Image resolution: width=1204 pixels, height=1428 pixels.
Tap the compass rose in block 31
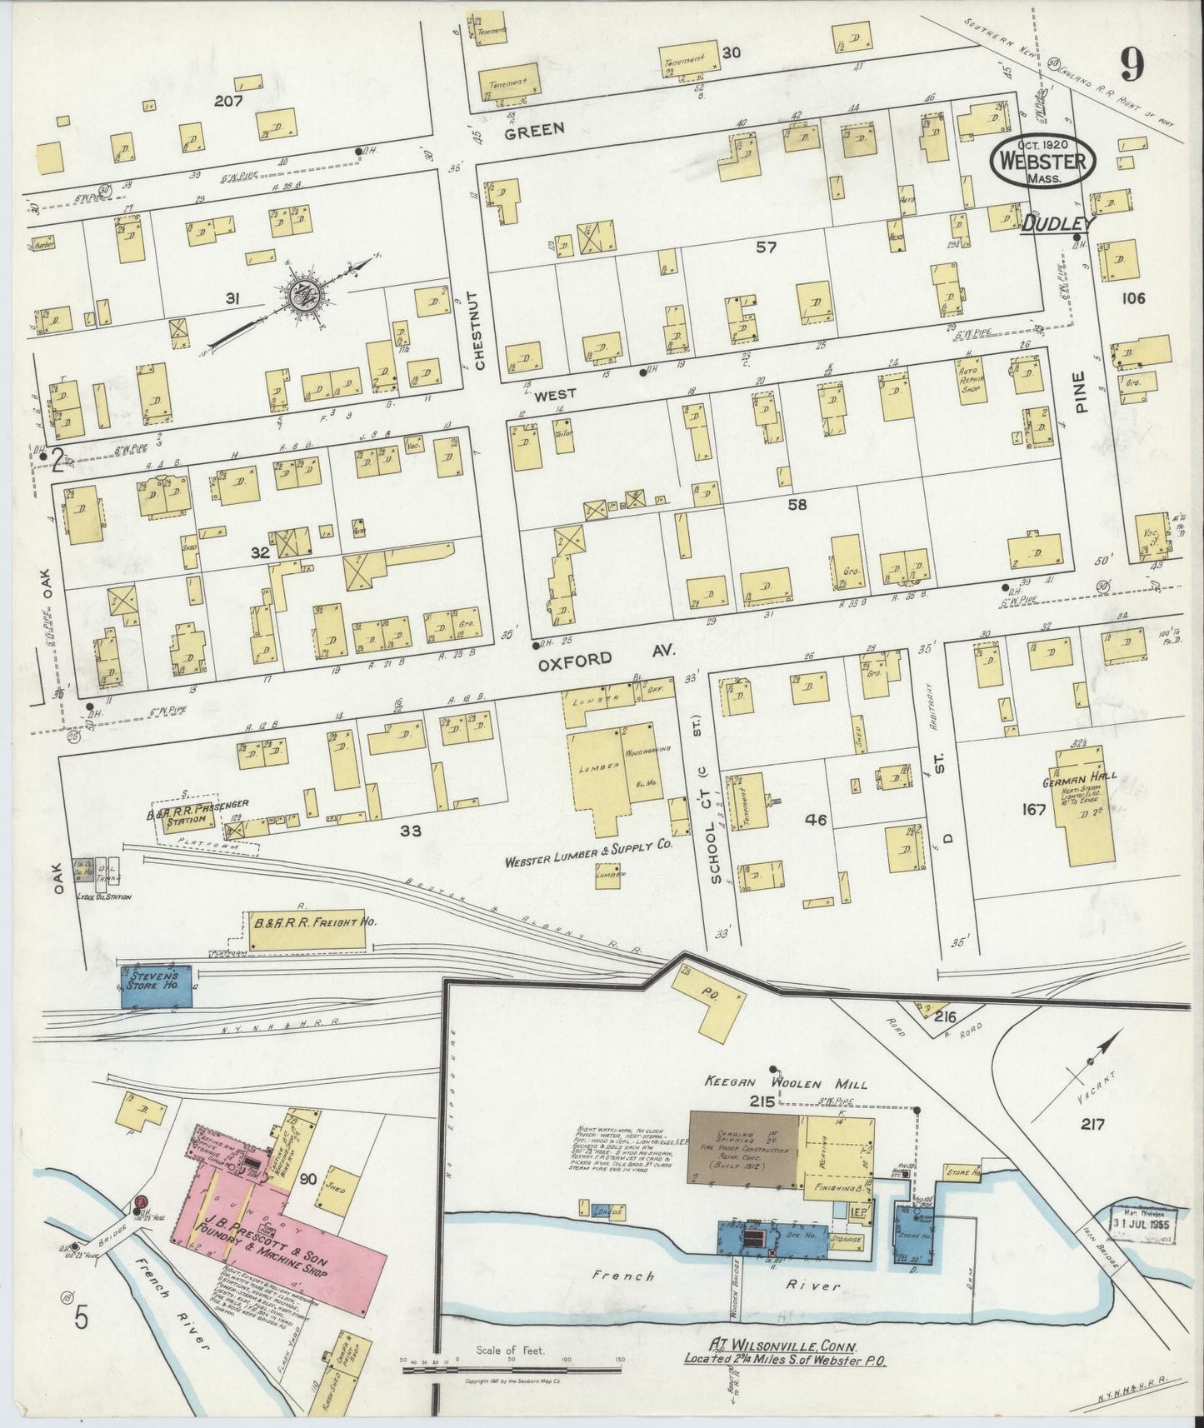point(302,295)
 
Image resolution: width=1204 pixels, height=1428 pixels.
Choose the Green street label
point(534,128)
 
